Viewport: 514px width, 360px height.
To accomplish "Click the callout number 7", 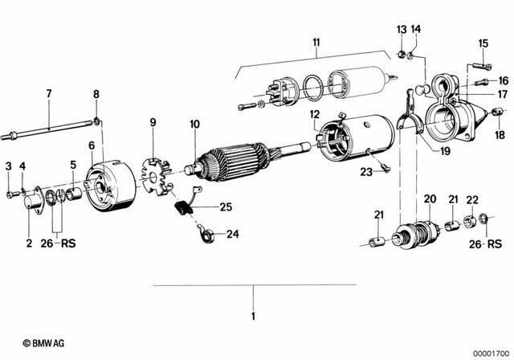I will click(48, 94).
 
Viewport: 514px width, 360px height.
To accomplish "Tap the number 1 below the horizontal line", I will click(254, 316).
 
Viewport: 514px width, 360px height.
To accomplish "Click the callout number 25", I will click(226, 207).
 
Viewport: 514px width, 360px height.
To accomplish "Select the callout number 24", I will click(232, 235).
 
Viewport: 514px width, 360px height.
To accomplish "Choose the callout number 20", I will click(430, 198).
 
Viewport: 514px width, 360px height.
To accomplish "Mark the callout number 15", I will click(483, 43).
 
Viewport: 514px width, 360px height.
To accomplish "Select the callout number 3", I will click(9, 166).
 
